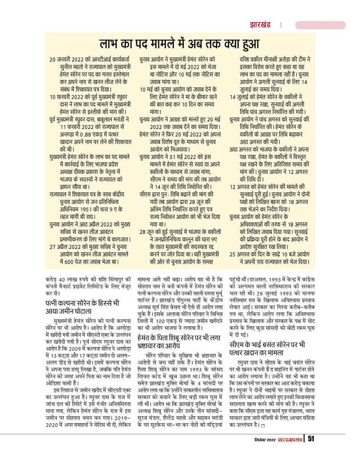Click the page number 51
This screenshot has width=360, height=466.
tap(311, 439)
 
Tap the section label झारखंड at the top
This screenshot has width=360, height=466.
tap(260, 25)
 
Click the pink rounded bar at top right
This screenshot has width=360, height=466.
tap(320, 25)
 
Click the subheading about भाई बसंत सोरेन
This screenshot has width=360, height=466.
tap(267, 351)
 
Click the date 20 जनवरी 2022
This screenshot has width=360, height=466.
tap(70, 60)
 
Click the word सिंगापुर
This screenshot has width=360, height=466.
tap(117, 279)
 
